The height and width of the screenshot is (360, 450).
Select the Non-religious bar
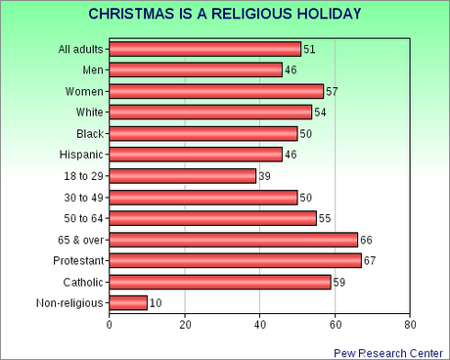[128, 303]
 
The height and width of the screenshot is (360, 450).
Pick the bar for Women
[216, 91]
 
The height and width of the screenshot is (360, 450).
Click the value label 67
[370, 260]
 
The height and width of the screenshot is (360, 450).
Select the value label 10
[156, 303]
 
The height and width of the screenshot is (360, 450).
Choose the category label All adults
[81, 49]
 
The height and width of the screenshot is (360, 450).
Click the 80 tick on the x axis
[410, 325]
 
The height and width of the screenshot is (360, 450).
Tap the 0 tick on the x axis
[110, 325]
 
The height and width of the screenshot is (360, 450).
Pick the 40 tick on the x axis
[260, 325]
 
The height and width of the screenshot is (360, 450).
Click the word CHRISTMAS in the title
[131, 15]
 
